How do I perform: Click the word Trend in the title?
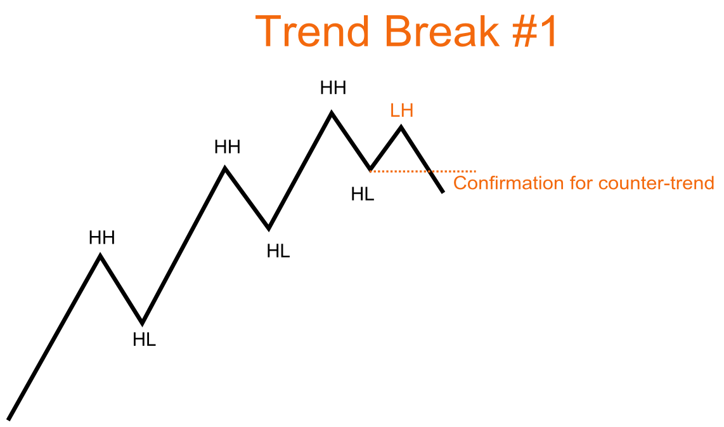312,32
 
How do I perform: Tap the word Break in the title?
442,32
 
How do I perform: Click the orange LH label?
402,110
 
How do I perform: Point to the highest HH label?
333,88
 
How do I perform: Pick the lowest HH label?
101,237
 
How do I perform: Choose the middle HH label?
227,147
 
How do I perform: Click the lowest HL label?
144,339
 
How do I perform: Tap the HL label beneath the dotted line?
363,194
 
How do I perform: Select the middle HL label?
278,251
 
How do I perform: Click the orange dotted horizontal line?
423,171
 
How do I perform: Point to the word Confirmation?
508,183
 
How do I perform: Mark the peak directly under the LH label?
401,126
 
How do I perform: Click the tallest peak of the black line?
332,112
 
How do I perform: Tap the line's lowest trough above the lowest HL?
143,324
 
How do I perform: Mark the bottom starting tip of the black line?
8,419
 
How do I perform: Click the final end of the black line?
443,192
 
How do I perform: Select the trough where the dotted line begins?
370,169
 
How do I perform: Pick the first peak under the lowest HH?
100,255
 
